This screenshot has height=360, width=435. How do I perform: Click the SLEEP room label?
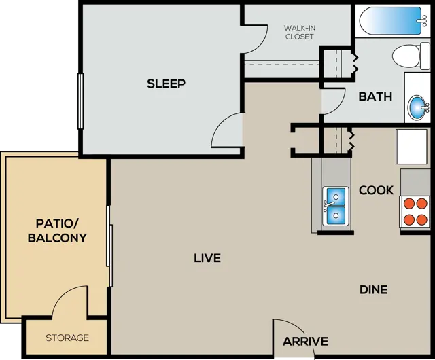coord(166,84)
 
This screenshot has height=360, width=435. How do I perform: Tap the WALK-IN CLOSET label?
coord(300,32)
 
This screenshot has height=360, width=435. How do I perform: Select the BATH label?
coord(375,96)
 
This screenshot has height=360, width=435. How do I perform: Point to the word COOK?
coord(376,190)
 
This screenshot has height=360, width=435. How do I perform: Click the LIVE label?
coord(207,258)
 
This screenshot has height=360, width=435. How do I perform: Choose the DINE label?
coord(374,290)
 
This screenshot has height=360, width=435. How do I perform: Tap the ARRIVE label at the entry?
coord(305,342)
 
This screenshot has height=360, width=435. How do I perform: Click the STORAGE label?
coord(67,338)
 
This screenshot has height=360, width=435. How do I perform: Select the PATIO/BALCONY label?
coord(57,231)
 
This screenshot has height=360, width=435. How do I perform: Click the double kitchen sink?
coord(335,206)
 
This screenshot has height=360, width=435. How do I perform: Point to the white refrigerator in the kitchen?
coord(411,147)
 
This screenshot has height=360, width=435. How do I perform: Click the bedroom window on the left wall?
coord(80,101)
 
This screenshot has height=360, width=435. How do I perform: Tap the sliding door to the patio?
coord(109,246)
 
